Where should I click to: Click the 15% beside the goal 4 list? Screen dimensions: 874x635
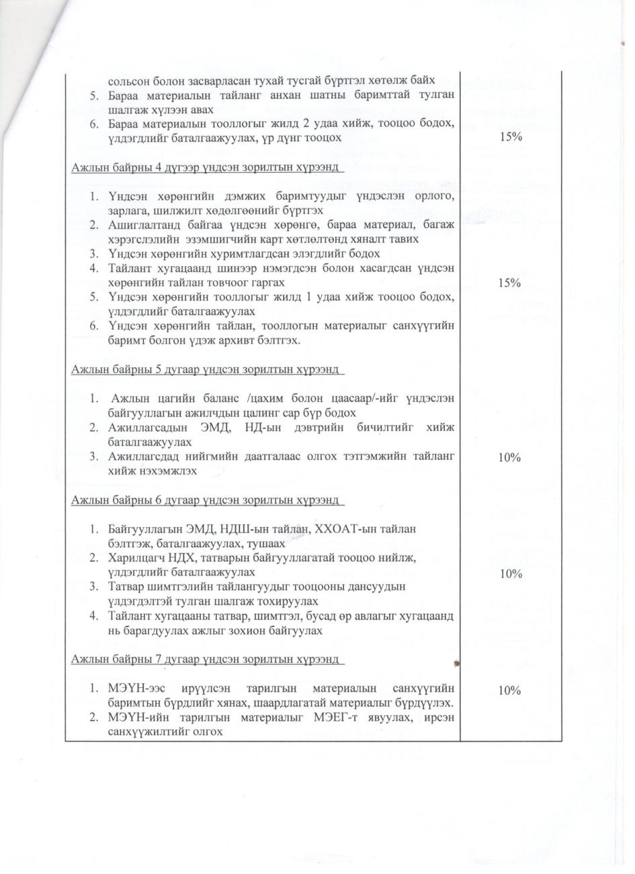[x=511, y=283]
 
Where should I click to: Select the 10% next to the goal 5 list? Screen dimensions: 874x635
[x=511, y=457]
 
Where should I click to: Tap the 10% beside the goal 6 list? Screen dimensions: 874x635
[x=511, y=573]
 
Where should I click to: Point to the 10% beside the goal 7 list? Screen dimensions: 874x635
[x=511, y=690]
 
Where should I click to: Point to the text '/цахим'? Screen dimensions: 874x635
[x=267, y=399]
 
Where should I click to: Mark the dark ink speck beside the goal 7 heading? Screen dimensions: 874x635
[x=457, y=663]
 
